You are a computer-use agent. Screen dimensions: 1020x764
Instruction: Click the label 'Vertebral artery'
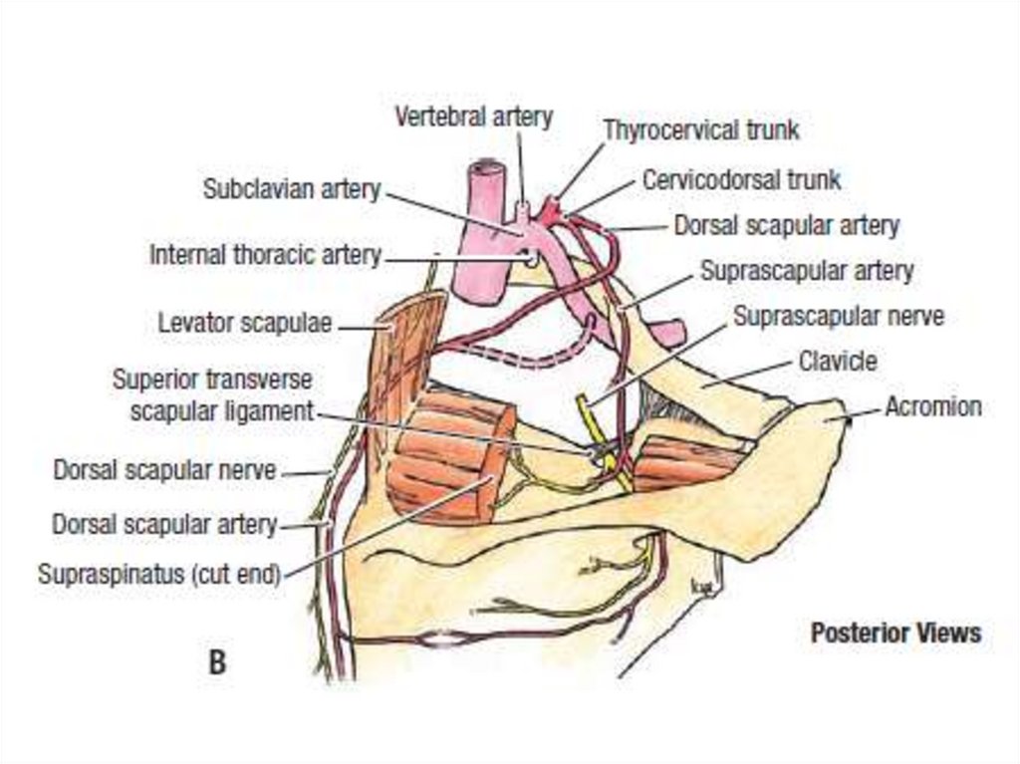pyautogui.click(x=473, y=117)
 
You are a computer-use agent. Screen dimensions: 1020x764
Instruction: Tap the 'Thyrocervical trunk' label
pyautogui.click(x=701, y=129)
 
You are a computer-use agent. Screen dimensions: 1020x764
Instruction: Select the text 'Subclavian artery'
pyautogui.click(x=292, y=188)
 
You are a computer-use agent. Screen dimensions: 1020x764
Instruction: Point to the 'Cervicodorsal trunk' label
pyautogui.click(x=741, y=180)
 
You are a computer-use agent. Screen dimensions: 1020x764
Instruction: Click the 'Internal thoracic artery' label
pyautogui.click(x=265, y=255)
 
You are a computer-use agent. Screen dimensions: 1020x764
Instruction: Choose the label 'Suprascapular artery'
pyautogui.click(x=806, y=270)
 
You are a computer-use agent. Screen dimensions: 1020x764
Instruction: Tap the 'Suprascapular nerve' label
pyautogui.click(x=838, y=317)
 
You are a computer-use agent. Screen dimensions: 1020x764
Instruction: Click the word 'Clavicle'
pyautogui.click(x=839, y=361)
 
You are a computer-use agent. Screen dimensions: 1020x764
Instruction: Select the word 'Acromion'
pyautogui.click(x=933, y=406)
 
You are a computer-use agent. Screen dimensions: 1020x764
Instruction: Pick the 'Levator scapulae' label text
pyautogui.click(x=245, y=324)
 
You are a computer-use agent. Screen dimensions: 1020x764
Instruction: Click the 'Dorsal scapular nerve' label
pyautogui.click(x=164, y=470)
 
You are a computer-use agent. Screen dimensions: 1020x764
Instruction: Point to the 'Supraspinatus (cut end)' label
pyautogui.click(x=159, y=575)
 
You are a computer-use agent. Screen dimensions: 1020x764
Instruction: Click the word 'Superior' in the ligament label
pyautogui.click(x=155, y=380)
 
